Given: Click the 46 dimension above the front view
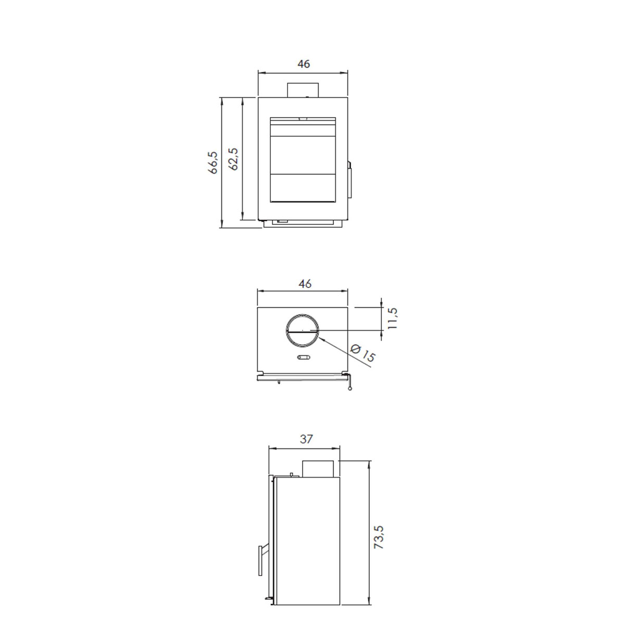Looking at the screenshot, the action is coord(304,64).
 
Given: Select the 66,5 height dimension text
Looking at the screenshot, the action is coord(213,162).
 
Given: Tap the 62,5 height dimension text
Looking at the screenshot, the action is coord(233,159).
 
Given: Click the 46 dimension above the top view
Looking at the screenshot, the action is coord(305,284).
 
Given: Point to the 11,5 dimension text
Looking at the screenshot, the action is coord(392,318).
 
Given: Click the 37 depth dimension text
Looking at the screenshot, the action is coord(306,439).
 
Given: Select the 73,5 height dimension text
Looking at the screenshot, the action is coord(379,537).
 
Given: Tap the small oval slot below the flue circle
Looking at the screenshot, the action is coord(303,357).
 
